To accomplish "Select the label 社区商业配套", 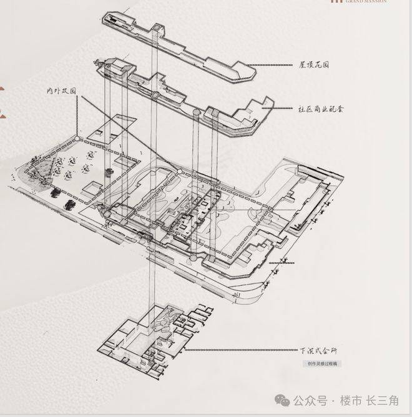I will (x=320, y=109).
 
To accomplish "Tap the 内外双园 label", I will (x=61, y=91).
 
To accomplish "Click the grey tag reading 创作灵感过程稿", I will (x=323, y=364).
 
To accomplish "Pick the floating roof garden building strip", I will (x=181, y=44).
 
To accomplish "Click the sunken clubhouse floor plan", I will (x=156, y=338).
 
